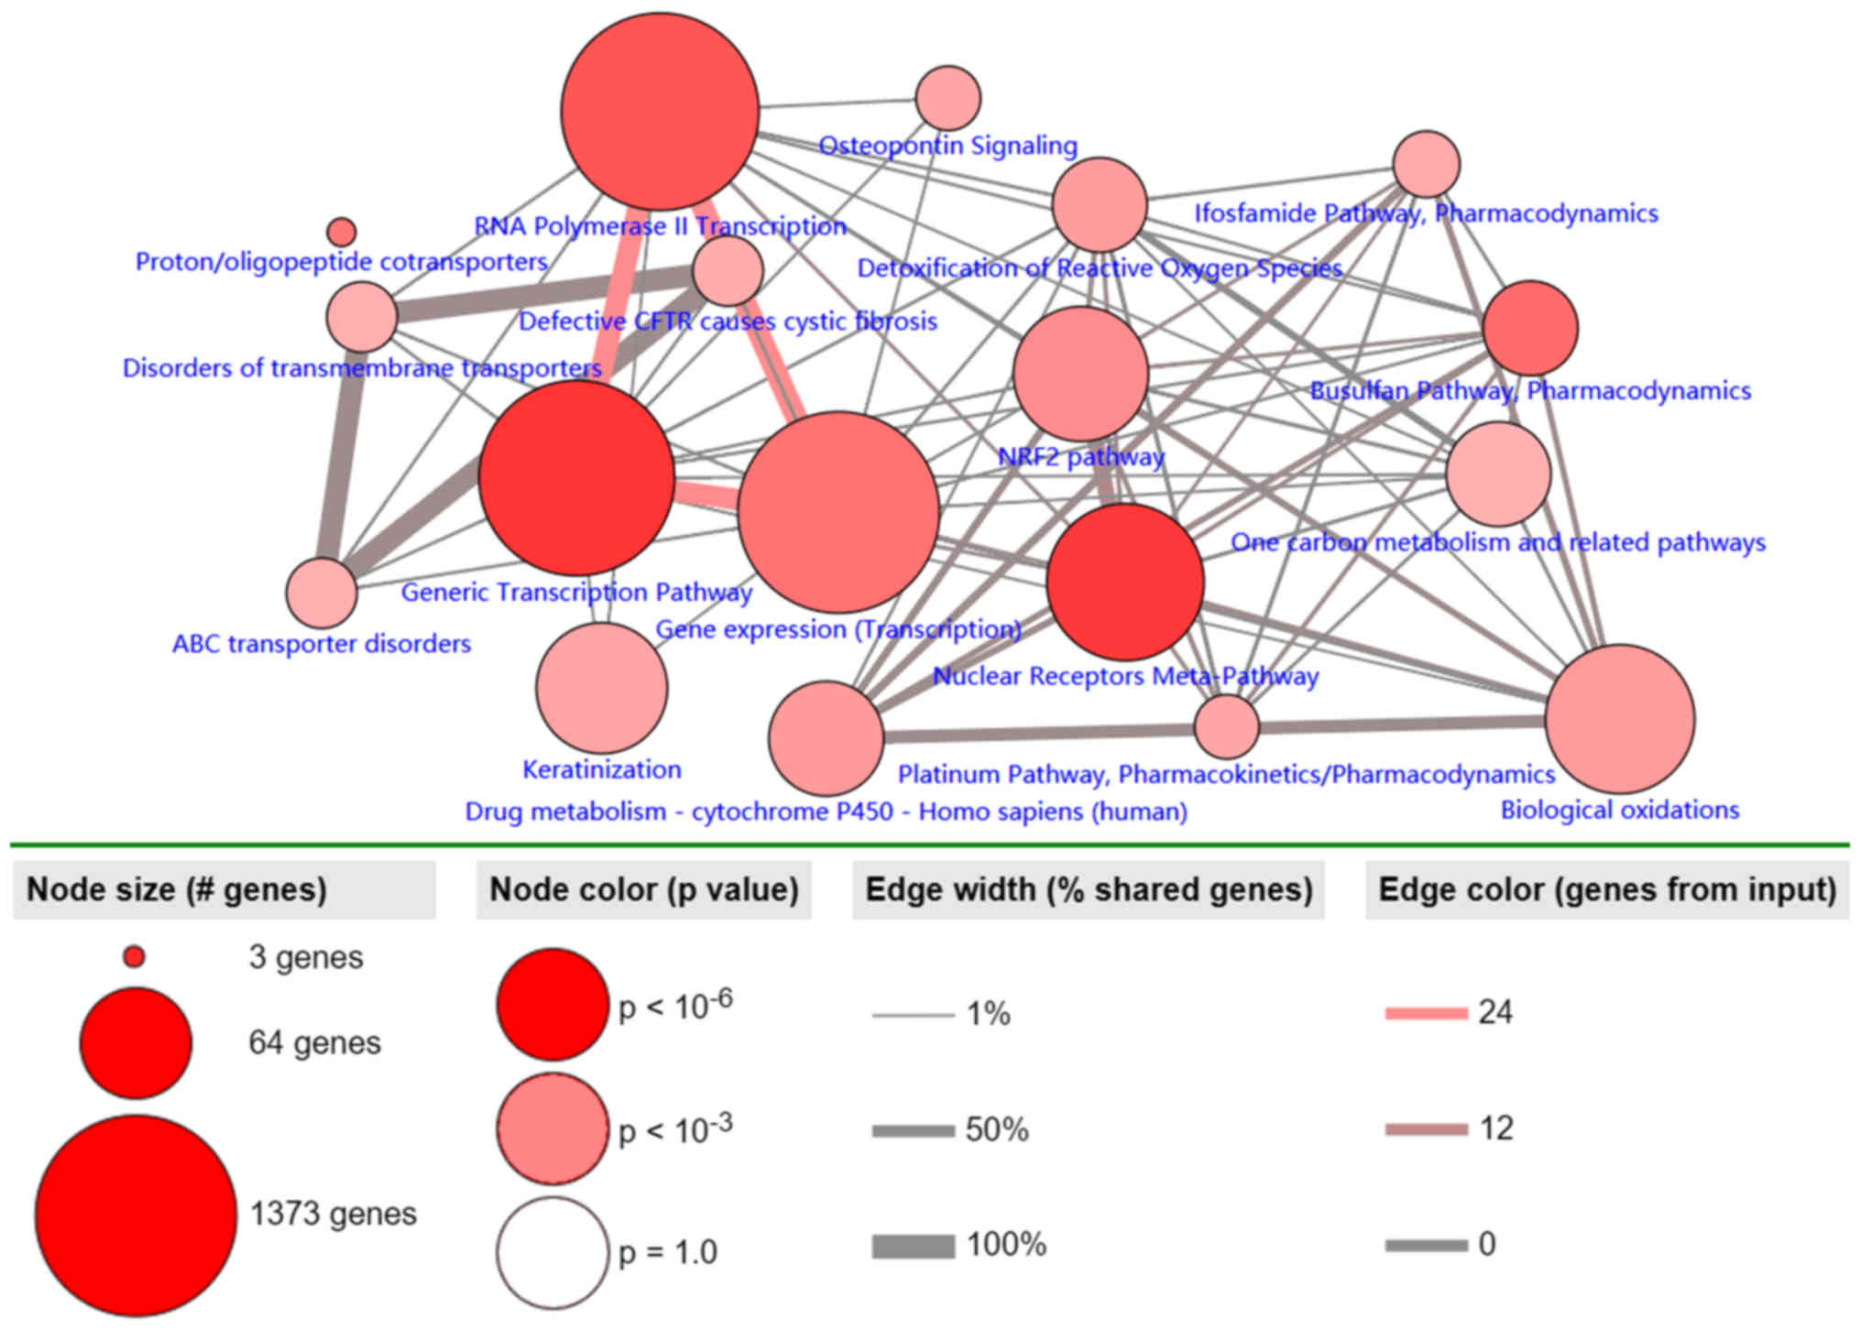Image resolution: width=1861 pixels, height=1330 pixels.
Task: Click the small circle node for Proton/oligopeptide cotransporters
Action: pyautogui.click(x=341, y=231)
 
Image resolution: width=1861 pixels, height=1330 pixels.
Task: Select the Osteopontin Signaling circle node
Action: pyautogui.click(x=947, y=97)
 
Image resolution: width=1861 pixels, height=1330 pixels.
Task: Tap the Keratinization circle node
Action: pyautogui.click(x=601, y=688)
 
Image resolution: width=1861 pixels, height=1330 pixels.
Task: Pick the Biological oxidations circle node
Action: pyautogui.click(x=1619, y=719)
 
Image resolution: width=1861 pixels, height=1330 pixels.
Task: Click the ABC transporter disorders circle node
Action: pyautogui.click(x=321, y=593)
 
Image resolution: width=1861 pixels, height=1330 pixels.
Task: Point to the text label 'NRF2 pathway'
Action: pyautogui.click(x=1080, y=456)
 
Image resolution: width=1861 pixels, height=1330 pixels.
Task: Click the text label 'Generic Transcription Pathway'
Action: pyautogui.click(x=576, y=592)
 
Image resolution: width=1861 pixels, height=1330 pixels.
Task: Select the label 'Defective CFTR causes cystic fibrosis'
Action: pyautogui.click(x=728, y=322)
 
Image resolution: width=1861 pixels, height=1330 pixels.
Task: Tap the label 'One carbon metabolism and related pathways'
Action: pyautogui.click(x=1497, y=542)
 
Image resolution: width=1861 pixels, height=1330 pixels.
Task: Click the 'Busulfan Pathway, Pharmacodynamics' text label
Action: pyautogui.click(x=1529, y=391)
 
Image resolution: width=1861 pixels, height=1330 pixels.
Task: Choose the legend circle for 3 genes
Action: pyautogui.click(x=134, y=957)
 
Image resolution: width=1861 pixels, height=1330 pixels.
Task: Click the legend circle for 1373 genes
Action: pyautogui.click(x=136, y=1215)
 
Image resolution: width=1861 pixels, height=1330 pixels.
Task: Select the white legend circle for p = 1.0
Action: pyautogui.click(x=553, y=1252)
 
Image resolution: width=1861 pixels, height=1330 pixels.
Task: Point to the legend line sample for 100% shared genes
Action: pyautogui.click(x=913, y=1246)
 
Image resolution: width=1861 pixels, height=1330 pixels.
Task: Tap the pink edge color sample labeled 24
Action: pyautogui.click(x=1426, y=1013)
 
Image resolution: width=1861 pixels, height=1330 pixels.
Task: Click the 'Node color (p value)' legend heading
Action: pyautogui.click(x=643, y=889)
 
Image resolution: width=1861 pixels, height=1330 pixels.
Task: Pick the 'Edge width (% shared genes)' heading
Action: pyautogui.click(x=1089, y=889)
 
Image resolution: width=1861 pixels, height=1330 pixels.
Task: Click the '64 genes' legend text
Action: pyautogui.click(x=314, y=1042)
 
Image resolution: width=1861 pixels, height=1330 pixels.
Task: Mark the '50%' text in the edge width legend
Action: pyautogui.click(x=997, y=1130)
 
